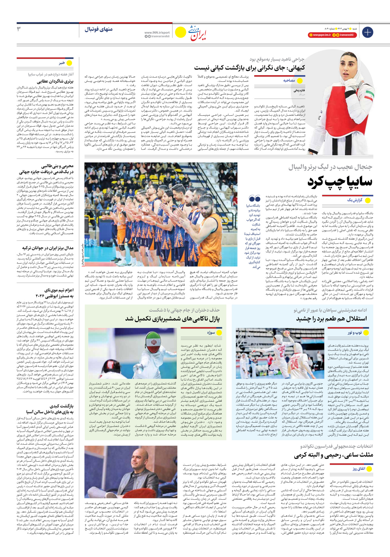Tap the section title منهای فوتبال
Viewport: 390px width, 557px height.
click(99, 29)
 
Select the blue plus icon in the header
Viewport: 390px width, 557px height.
click(368, 32)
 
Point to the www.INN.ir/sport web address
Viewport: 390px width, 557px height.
click(157, 32)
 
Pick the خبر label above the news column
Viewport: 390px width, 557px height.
click(61, 63)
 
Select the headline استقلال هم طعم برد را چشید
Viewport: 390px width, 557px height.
click(331, 319)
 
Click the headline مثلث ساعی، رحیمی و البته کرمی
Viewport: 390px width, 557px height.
click(334, 455)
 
